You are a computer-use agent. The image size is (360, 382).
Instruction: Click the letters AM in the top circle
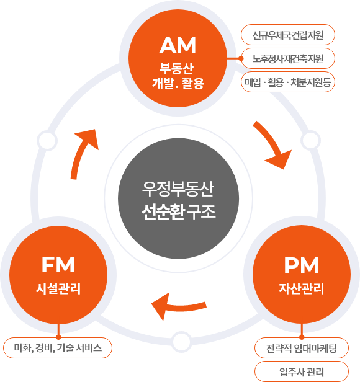click(178, 45)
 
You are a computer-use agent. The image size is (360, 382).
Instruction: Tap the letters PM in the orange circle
click(301, 265)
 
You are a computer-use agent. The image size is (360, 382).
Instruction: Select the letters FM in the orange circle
click(58, 265)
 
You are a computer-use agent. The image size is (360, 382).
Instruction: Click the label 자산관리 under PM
click(301, 288)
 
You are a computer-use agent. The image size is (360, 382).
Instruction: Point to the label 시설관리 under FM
click(58, 288)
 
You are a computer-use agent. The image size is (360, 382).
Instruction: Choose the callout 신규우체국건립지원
click(288, 34)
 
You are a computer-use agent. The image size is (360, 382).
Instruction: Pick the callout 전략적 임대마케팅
click(302, 347)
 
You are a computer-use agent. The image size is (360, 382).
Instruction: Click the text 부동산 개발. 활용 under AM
click(178, 74)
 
